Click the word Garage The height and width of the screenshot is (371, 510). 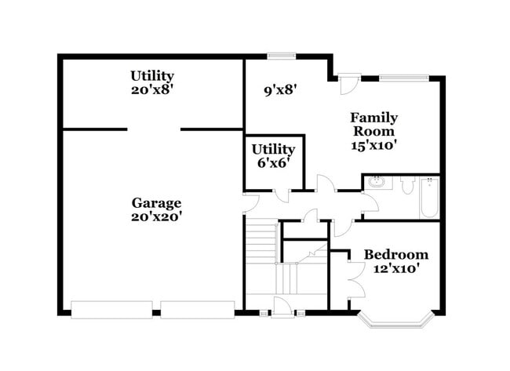(156, 203)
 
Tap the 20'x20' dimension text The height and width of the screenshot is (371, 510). (156, 216)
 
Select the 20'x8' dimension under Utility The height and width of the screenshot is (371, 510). (151, 89)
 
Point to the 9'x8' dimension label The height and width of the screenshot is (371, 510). (281, 89)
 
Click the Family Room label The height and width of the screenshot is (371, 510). (373, 124)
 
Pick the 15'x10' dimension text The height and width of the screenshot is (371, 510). (373, 144)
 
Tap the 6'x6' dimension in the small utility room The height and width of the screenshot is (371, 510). (273, 162)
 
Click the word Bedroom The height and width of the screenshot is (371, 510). (396, 255)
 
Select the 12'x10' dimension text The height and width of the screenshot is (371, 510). (396, 268)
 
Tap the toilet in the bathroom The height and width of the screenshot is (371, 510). (407, 185)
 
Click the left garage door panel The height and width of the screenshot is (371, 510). (111, 309)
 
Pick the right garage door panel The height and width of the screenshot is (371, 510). (198, 309)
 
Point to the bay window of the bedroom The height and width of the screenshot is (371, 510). (396, 318)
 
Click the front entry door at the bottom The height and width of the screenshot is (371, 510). (282, 307)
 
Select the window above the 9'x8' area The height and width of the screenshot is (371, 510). (281, 56)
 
